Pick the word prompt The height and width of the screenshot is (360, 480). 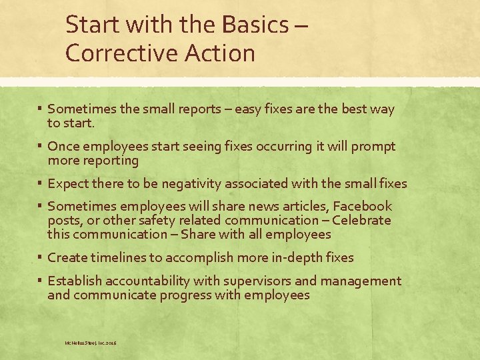[x=374, y=147]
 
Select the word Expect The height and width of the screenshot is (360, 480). [x=69, y=183]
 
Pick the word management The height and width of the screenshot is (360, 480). [x=365, y=281]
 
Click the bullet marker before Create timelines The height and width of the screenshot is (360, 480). [x=41, y=257]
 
